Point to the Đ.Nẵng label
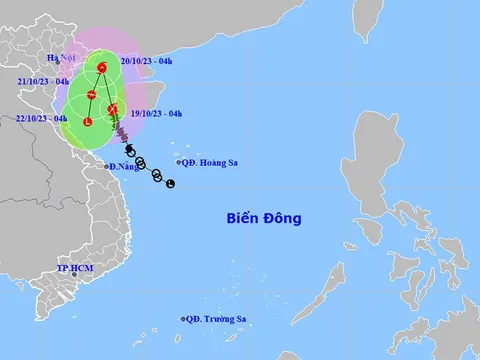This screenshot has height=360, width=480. point(125,165)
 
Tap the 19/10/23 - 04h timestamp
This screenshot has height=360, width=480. point(157,114)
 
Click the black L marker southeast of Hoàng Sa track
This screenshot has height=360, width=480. point(171,183)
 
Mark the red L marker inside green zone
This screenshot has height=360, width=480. point(88,122)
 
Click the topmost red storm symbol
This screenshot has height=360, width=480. point(103,68)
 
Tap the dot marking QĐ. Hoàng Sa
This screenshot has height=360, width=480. point(178,162)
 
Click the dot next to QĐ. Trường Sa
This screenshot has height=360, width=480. point(184,319)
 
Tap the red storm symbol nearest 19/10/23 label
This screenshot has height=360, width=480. point(113,109)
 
